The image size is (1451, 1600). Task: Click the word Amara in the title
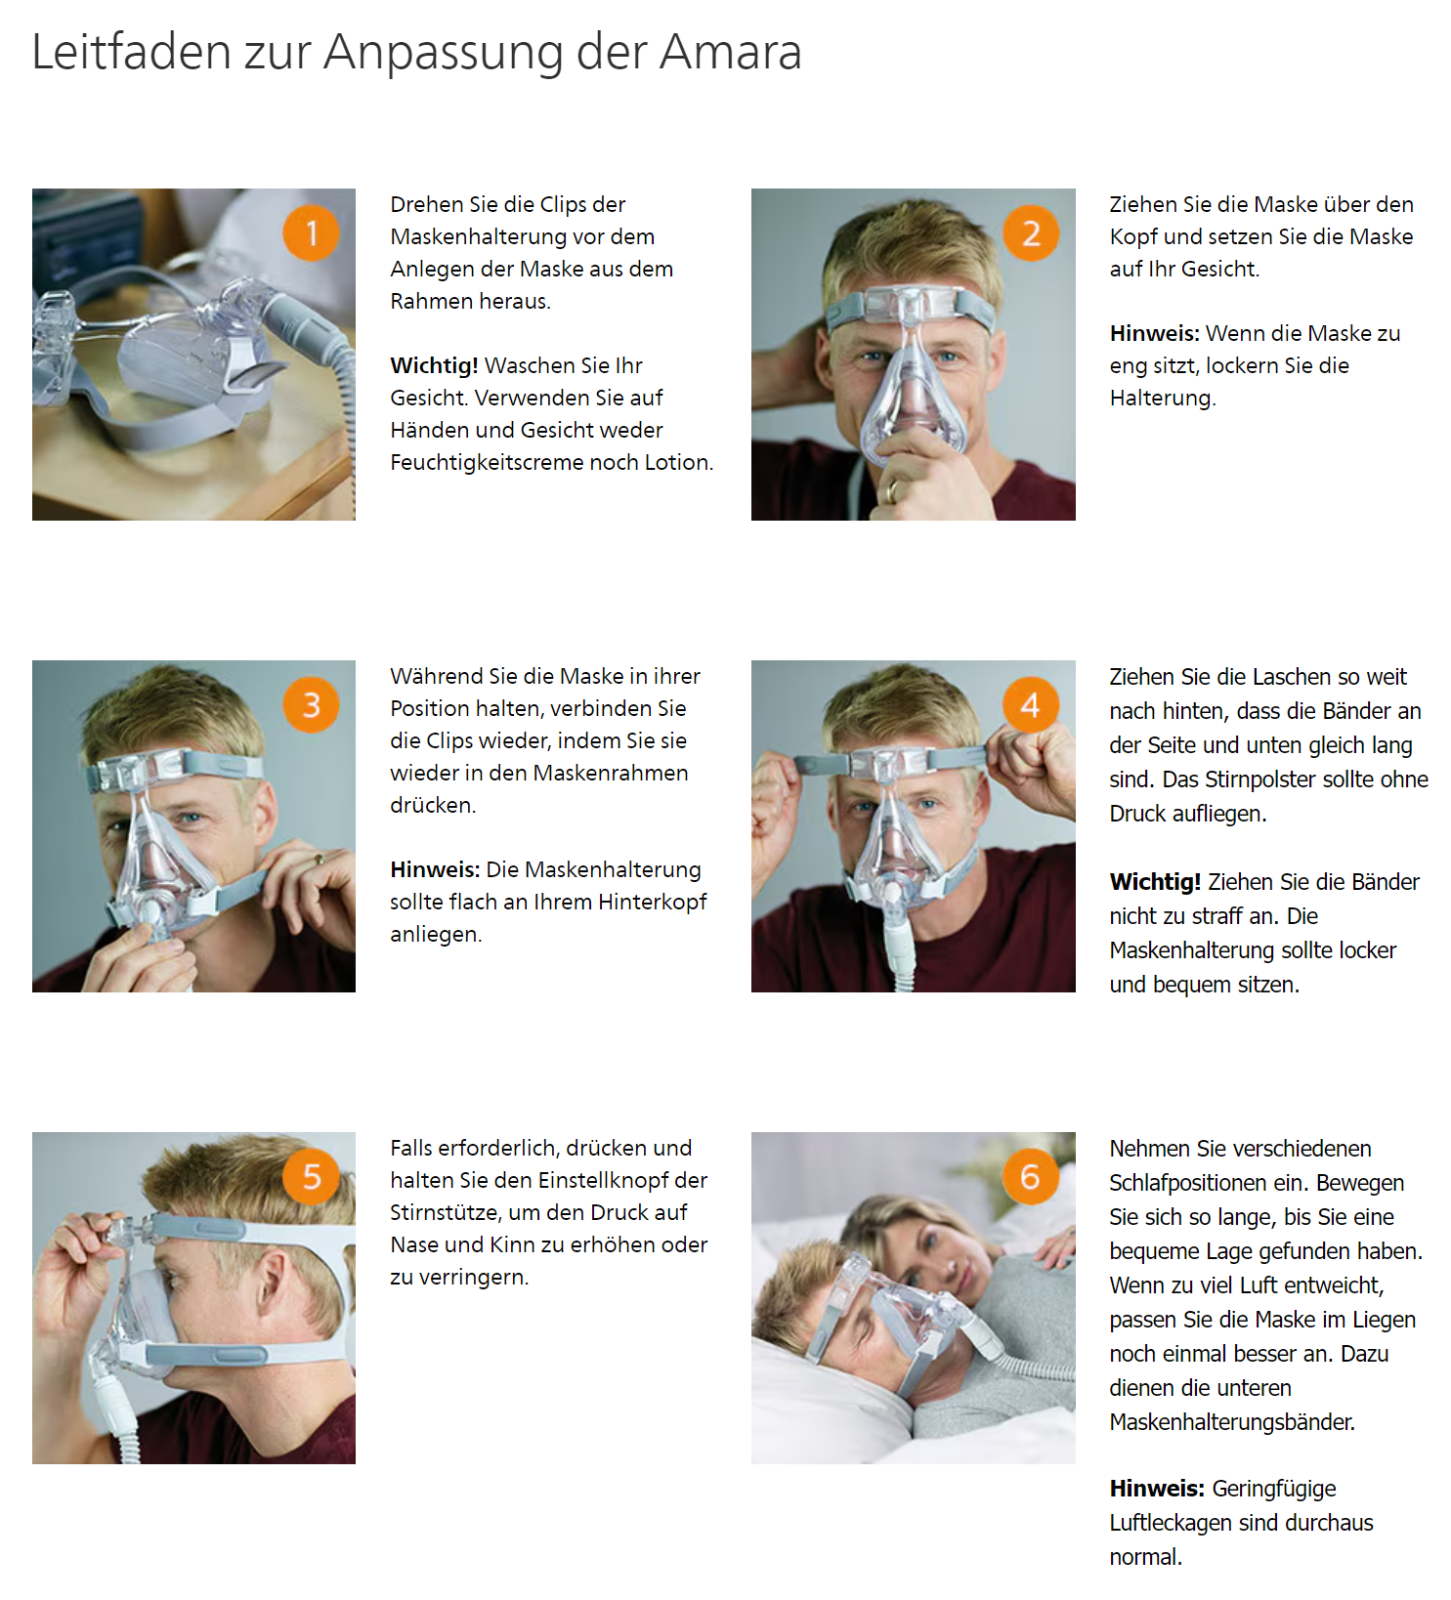[730, 52]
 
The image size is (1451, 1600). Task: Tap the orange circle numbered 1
[311, 233]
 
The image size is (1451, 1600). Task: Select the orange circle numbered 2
[1031, 233]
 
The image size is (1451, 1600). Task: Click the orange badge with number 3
[311, 705]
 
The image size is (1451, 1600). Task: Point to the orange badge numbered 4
[1031, 705]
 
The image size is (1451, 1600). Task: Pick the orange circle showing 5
[311, 1177]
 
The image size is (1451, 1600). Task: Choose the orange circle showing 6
[1031, 1177]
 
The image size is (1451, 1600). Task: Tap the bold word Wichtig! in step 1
[434, 365]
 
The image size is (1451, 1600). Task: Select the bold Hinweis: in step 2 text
[1154, 333]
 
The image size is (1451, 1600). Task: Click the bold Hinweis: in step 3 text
[435, 869]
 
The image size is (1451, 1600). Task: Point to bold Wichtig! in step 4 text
[1155, 882]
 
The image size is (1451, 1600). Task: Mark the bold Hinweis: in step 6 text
[1157, 1489]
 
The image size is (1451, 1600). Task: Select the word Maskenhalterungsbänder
[1232, 1422]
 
